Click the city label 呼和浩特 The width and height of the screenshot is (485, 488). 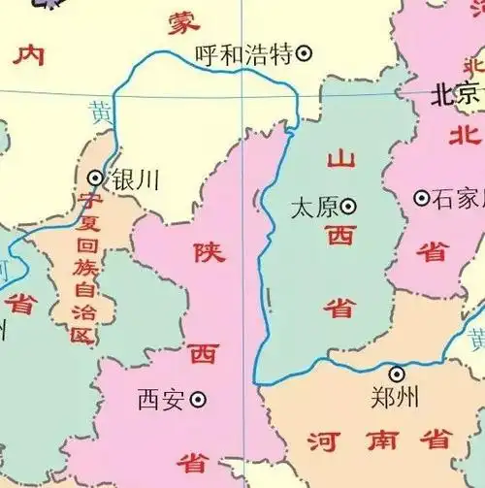(242, 54)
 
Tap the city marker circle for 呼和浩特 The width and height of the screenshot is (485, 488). (304, 54)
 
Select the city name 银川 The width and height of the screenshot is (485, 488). (135, 179)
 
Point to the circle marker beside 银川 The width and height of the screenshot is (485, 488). (95, 178)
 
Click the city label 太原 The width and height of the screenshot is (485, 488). (313, 206)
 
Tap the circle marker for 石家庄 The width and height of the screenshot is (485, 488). (422, 198)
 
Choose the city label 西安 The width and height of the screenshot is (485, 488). (160, 399)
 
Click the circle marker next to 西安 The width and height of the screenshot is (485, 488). (198, 398)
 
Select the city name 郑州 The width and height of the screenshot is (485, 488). (395, 397)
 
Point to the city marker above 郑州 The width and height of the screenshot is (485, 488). (397, 374)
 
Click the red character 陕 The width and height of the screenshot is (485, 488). (210, 252)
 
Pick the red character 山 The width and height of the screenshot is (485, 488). (341, 159)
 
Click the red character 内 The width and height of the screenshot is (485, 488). (29, 54)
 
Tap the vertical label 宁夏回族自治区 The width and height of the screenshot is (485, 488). (84, 269)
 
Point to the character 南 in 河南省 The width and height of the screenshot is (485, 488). (379, 442)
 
